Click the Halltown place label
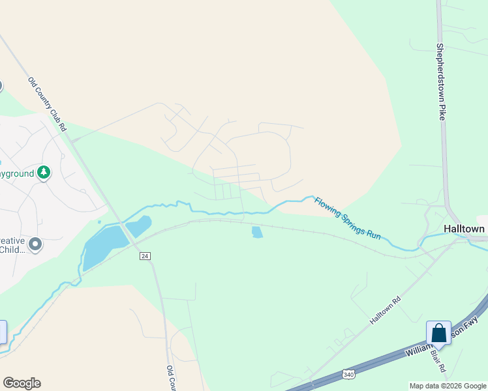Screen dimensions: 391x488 (x=464, y=229)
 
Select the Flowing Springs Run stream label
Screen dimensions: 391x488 (x=346, y=218)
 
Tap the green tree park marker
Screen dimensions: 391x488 (x=44, y=173)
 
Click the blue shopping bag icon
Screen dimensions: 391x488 (x=438, y=333)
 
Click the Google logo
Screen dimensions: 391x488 (x=22, y=383)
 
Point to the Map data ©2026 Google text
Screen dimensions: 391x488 (x=448, y=386)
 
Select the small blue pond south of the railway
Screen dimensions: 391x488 (x=257, y=232)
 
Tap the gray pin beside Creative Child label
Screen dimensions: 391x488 (x=35, y=244)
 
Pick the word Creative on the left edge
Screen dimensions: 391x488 (x=12, y=240)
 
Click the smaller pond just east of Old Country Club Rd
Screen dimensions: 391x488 (x=139, y=226)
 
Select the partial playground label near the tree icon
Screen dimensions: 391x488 (x=16, y=174)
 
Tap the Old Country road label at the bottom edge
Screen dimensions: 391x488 (x=172, y=378)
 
